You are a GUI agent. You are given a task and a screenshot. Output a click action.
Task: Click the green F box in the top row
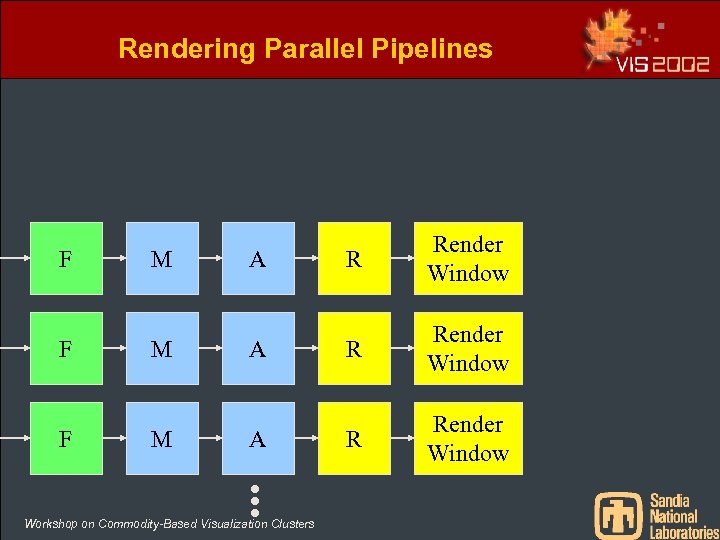pos(66,258)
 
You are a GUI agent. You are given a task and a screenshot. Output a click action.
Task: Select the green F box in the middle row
pos(66,348)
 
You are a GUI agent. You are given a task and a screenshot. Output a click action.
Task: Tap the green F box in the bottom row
pos(66,438)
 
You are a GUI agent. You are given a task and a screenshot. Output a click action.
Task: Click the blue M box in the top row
pos(162,258)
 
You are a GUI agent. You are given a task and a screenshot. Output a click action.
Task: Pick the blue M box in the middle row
pos(162,348)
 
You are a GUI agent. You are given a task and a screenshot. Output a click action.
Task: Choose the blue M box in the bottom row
pos(162,438)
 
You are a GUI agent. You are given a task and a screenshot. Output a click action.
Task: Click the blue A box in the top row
pos(258,258)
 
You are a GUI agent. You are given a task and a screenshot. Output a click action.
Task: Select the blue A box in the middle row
pos(258,348)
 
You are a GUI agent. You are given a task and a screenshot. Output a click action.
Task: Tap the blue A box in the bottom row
pos(258,438)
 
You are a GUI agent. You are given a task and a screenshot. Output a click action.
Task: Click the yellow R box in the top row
pos(354,258)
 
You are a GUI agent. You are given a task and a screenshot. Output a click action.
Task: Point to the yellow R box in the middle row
pos(354,348)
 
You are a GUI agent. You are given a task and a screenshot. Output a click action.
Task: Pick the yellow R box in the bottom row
pos(354,438)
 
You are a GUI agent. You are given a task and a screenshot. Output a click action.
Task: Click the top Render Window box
pos(468,258)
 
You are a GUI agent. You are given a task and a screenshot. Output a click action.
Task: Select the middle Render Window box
pos(468,348)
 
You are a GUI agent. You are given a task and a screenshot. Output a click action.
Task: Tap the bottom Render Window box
pos(468,438)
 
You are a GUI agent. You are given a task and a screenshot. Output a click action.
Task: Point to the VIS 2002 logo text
pos(663,64)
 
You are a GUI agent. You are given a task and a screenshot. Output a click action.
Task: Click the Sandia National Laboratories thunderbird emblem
pos(618,514)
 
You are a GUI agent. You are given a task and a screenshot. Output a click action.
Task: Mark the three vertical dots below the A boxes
pos(255,501)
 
